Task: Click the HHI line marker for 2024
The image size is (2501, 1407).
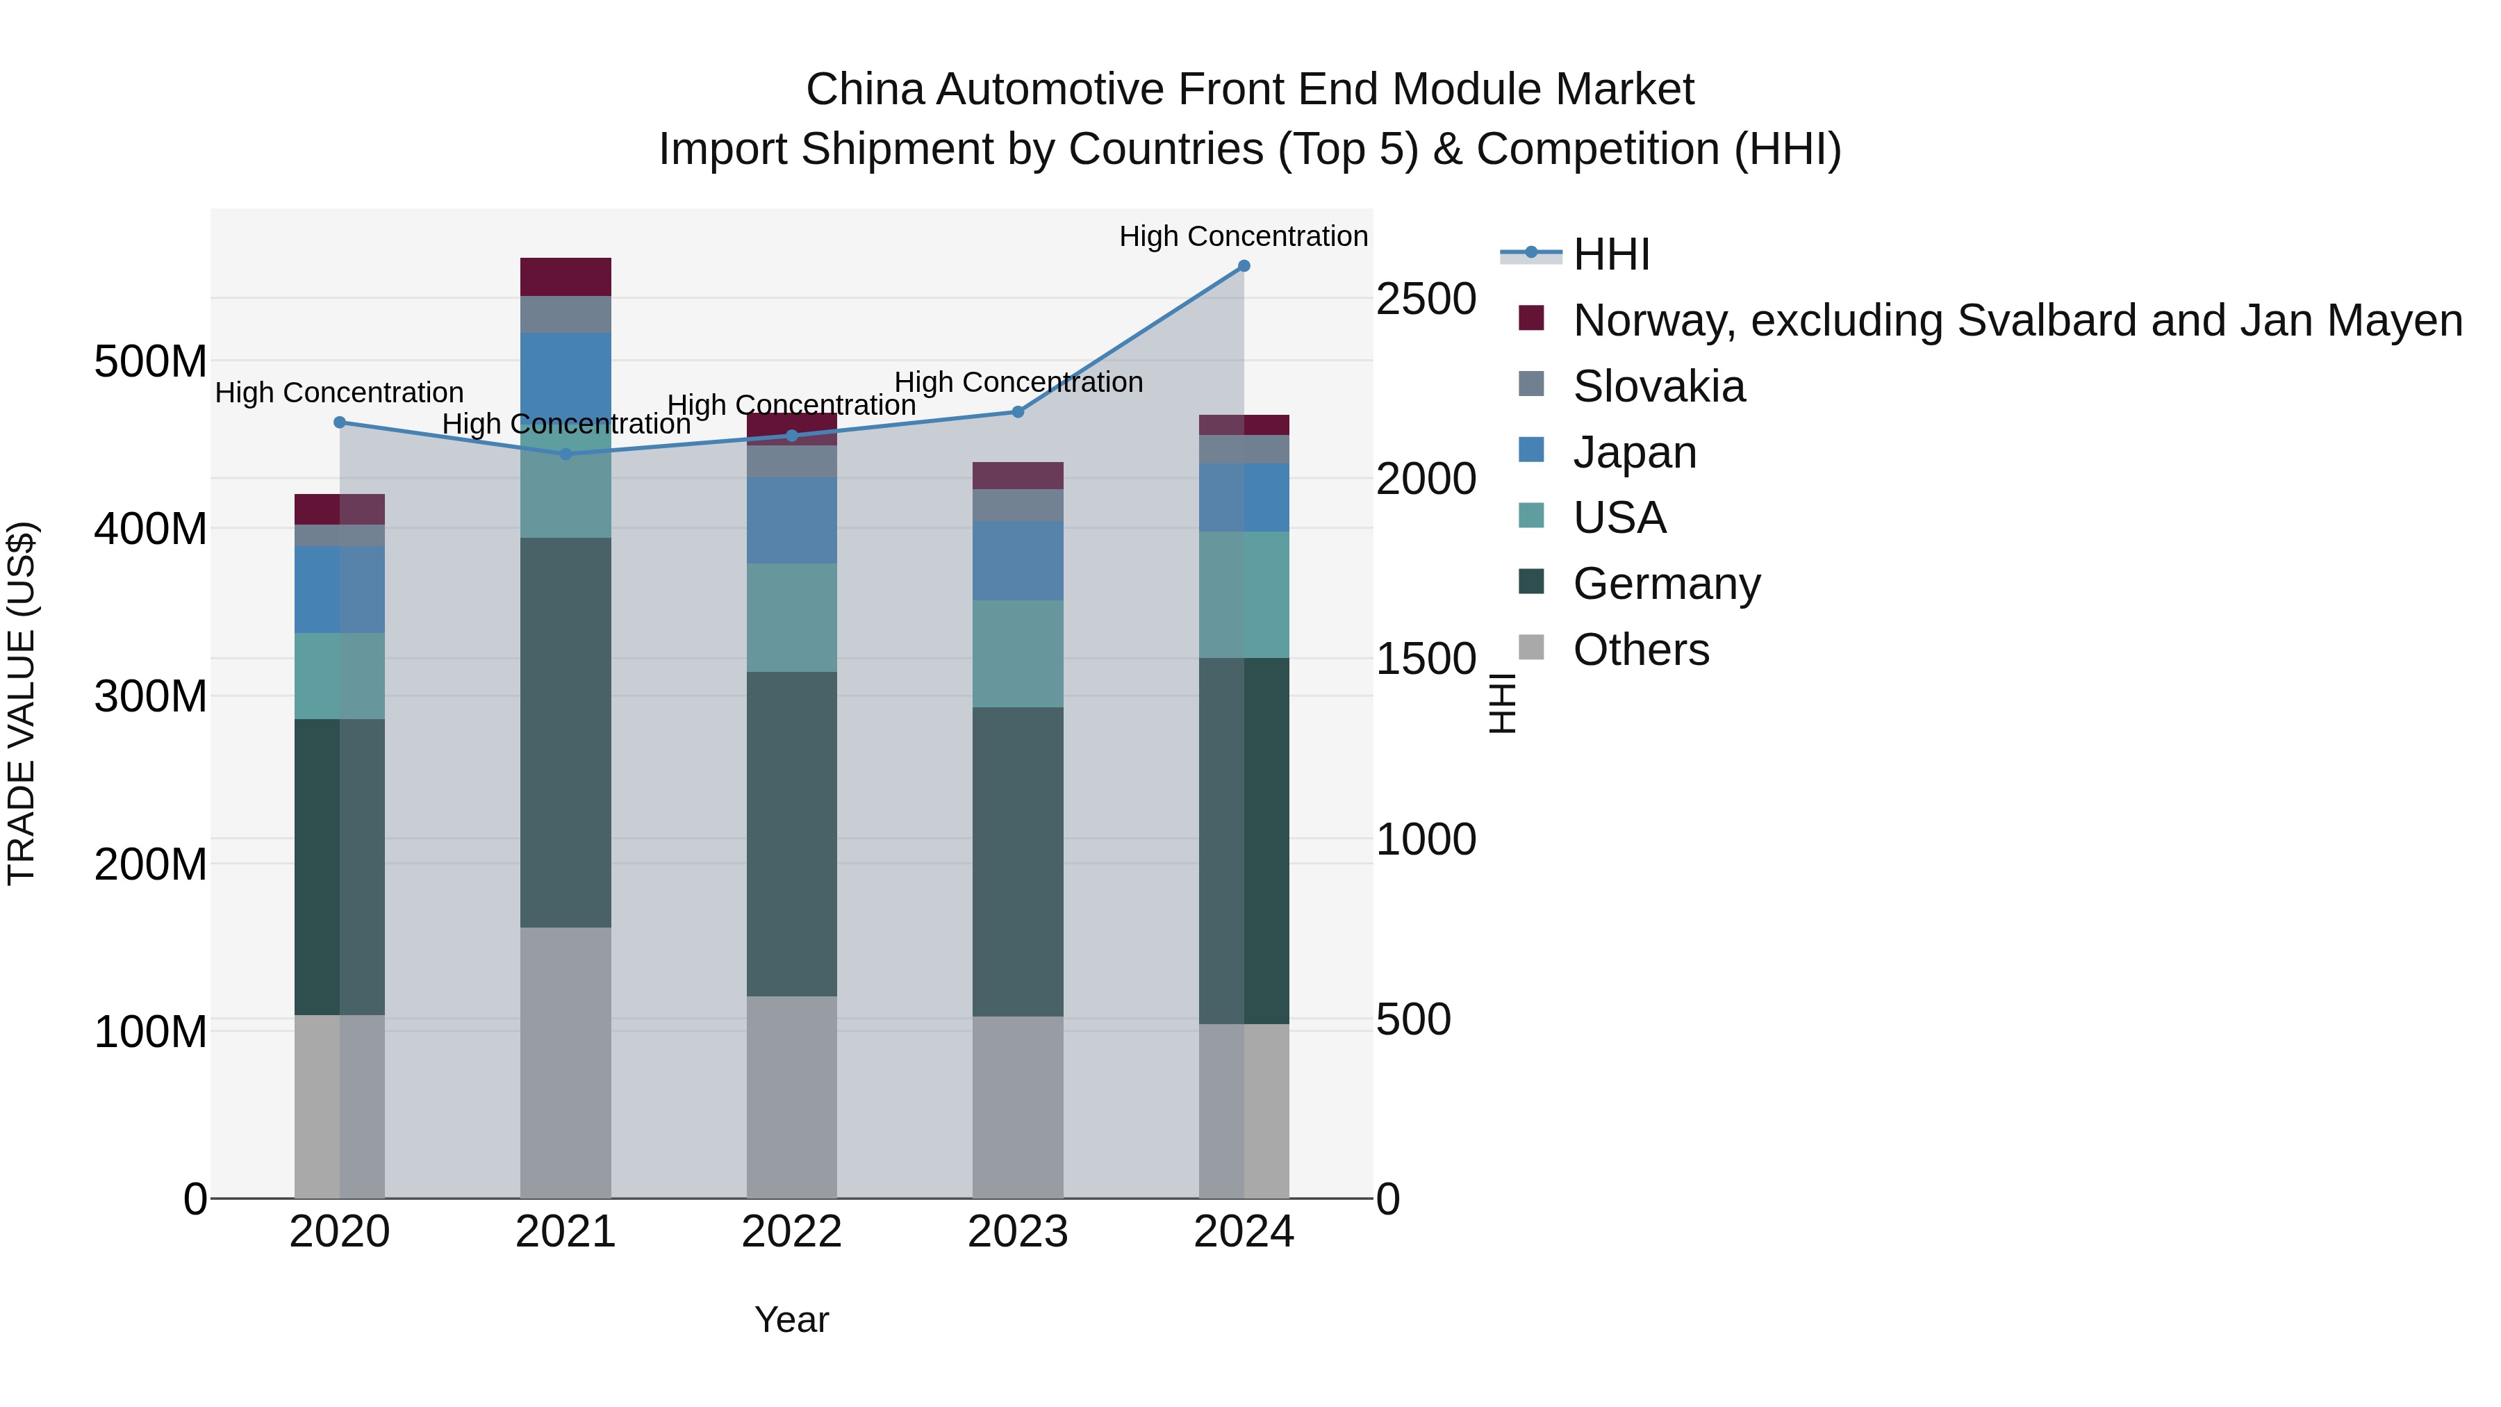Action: [x=1243, y=266]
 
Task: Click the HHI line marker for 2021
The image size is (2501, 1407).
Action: [x=566, y=454]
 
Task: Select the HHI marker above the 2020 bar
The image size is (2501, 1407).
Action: [x=340, y=422]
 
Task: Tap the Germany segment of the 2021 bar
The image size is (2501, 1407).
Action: [x=566, y=732]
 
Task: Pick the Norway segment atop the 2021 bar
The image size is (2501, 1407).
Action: [x=566, y=277]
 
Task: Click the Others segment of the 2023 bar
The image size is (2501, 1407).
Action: [x=1018, y=1107]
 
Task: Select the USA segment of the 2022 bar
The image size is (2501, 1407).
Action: [x=791, y=618]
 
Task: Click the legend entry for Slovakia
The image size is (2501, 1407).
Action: [x=1658, y=386]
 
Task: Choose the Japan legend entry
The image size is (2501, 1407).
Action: [x=1634, y=452]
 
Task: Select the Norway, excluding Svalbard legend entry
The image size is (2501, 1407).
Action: [x=2017, y=320]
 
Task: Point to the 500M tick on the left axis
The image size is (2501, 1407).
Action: [x=151, y=362]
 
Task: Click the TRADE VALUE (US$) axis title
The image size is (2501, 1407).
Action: [x=22, y=703]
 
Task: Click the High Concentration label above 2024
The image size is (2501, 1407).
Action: [x=1243, y=236]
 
